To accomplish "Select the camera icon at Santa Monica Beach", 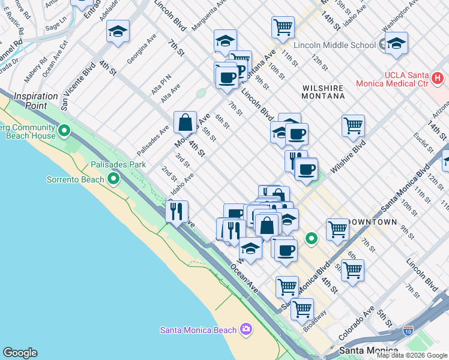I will pyautogui.click(x=246, y=329).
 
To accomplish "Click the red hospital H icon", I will pyautogui.click(x=438, y=78).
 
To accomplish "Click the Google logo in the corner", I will pyautogui.click(x=20, y=353).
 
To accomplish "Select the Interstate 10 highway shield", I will pyautogui.click(x=408, y=331).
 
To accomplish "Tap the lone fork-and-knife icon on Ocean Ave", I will pyautogui.click(x=176, y=211).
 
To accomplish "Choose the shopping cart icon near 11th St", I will pyautogui.click(x=282, y=26).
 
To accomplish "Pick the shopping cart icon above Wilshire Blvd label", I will pyautogui.click(x=353, y=125).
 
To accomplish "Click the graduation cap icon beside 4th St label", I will pyautogui.click(x=118, y=31).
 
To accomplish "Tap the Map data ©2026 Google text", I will pyautogui.click(x=412, y=355).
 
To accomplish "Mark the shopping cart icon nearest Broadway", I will pyautogui.click(x=301, y=309).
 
